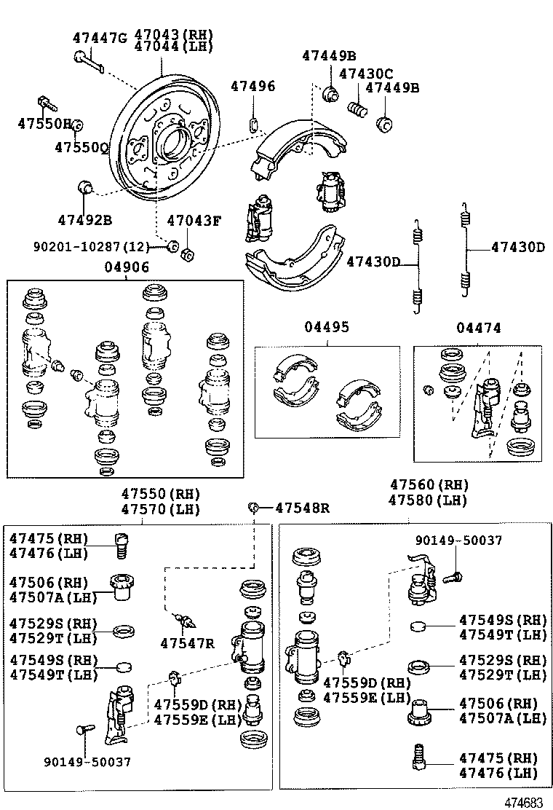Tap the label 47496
[x=252, y=86]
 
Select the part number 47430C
[x=366, y=74]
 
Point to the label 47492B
[x=84, y=219]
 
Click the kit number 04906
[x=126, y=267]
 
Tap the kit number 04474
[x=479, y=328]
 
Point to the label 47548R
[x=302, y=508]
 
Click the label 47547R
[x=188, y=643]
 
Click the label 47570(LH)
[x=160, y=510]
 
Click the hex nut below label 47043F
[x=186, y=253]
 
